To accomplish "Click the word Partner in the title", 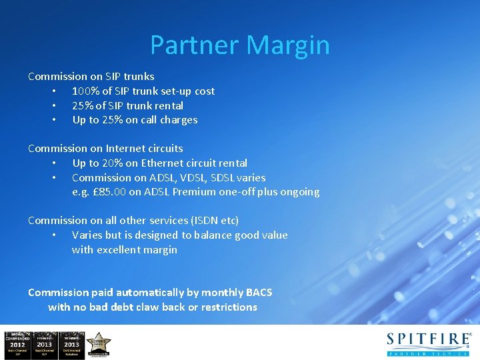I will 195,45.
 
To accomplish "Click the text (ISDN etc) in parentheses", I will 215,220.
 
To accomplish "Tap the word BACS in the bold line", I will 259,292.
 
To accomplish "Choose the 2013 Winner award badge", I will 71,344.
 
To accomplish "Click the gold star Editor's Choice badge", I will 99,344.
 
